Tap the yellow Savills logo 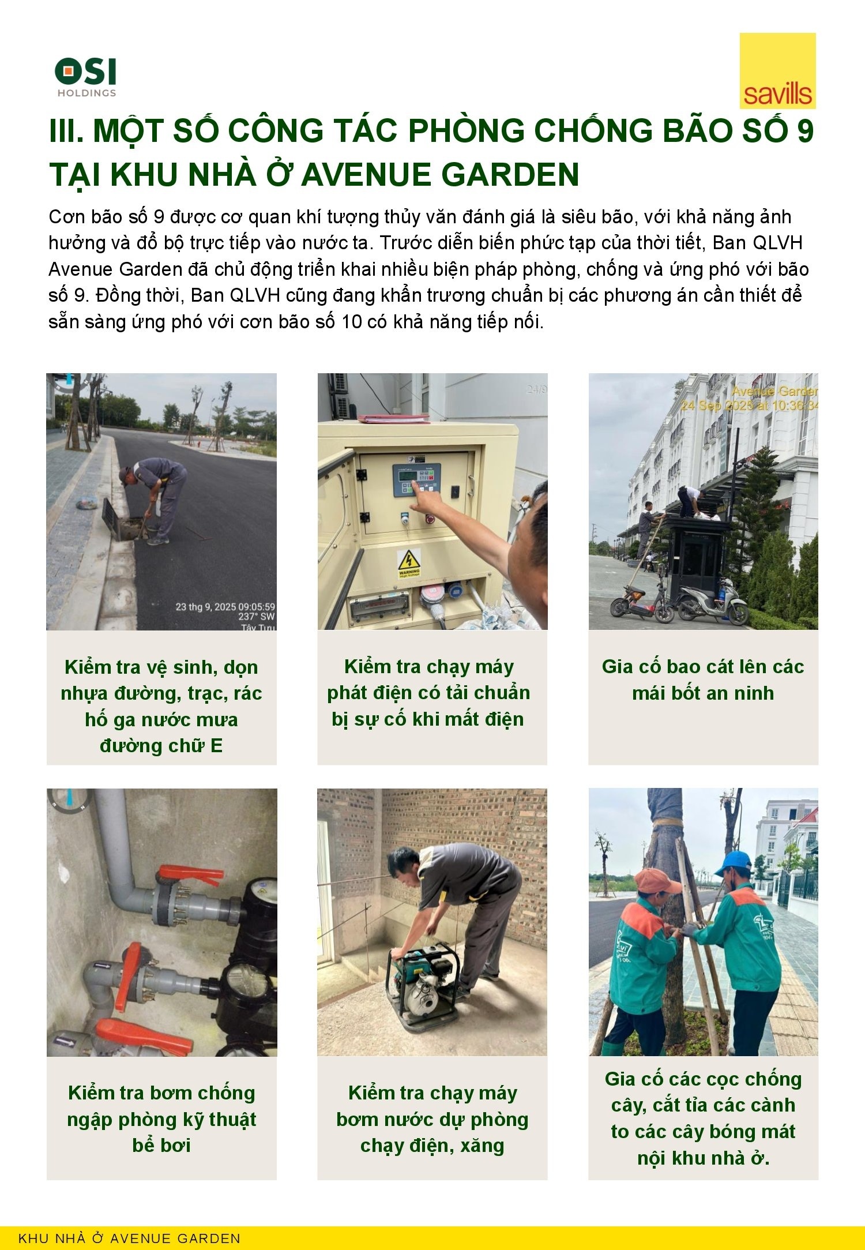[x=777, y=70]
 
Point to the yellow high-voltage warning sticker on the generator [x=408, y=564]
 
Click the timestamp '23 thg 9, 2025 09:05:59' [x=225, y=606]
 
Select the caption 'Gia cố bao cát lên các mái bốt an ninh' [x=702, y=680]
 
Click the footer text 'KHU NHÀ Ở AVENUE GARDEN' [x=129, y=1238]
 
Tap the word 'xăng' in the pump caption [x=483, y=1145]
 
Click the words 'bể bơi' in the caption [x=161, y=1145]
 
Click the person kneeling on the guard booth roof [x=690, y=500]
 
